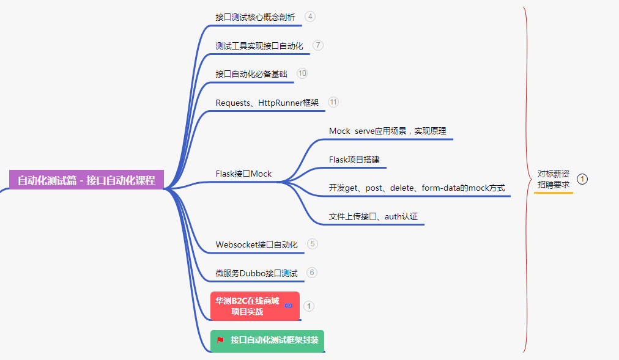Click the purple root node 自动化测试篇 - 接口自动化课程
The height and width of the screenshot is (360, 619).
86,180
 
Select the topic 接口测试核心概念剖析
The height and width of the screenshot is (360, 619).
255,17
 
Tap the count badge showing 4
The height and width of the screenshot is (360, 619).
310,17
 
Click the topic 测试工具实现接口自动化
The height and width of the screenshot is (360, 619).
259,46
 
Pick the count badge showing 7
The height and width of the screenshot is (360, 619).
317,45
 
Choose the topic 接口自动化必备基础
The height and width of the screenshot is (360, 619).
251,74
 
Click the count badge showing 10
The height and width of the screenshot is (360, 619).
302,73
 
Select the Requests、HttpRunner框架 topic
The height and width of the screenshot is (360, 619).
267,103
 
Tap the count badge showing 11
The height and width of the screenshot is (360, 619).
333,102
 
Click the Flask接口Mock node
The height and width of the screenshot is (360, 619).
243,174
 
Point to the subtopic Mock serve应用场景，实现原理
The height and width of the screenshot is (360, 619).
387,131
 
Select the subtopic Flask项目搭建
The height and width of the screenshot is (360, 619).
354,160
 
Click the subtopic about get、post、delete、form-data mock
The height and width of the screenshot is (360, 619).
417,188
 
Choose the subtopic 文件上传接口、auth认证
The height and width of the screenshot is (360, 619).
373,216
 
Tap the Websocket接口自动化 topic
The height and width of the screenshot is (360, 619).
256,244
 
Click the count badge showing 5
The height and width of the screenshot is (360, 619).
313,244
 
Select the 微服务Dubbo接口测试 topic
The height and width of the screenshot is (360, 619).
256,273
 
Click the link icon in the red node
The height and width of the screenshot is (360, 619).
289,306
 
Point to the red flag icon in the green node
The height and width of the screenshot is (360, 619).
220,340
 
